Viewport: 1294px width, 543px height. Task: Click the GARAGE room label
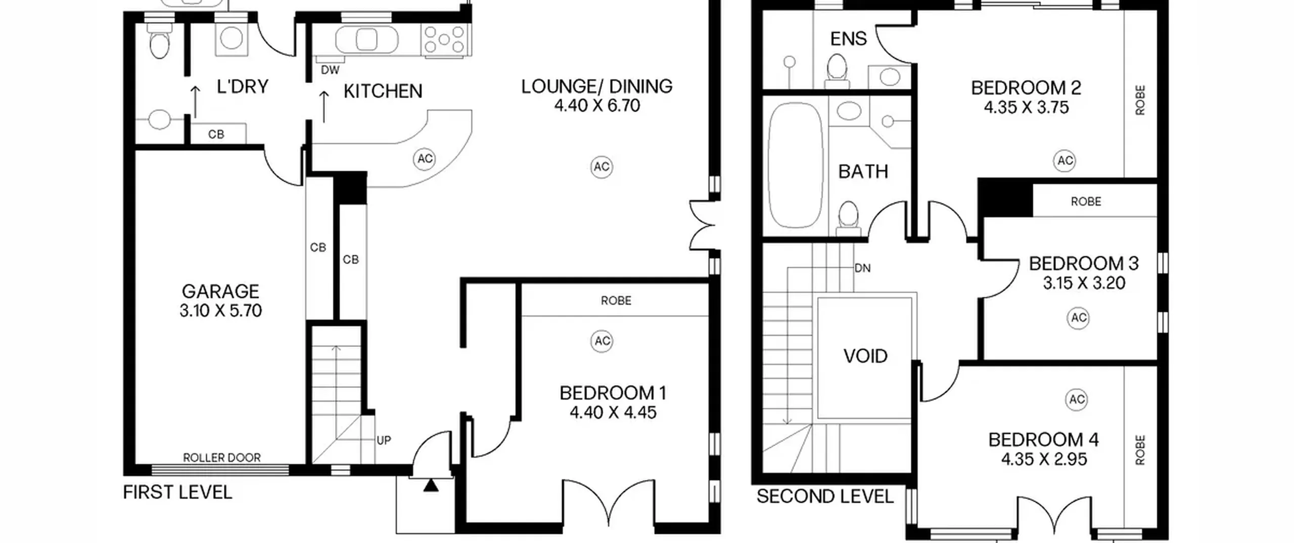[x=220, y=291]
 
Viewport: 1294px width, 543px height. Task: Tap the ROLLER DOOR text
[x=222, y=458]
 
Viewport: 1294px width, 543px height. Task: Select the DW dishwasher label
[x=330, y=70]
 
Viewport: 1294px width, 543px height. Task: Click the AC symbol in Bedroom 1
[x=602, y=341]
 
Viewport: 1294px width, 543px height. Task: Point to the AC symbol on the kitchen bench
[x=425, y=159]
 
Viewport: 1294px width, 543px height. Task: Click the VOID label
[x=865, y=357]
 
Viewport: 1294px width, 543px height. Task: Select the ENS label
[x=849, y=38]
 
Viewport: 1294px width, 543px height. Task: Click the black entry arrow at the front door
[x=431, y=486]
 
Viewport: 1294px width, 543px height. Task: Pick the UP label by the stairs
[x=384, y=440]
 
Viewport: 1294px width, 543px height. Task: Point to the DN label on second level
[x=862, y=268]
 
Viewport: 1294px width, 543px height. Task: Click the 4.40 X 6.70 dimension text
[x=597, y=106]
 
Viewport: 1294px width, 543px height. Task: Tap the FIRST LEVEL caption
[x=177, y=492]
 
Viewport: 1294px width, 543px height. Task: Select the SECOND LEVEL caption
[x=825, y=497]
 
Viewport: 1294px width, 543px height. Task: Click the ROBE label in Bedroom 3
[x=1086, y=202]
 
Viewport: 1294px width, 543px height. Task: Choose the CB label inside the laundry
[x=216, y=134]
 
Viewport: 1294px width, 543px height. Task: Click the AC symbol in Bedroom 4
[x=1077, y=400]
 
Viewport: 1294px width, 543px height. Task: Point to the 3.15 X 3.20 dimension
[x=1084, y=283]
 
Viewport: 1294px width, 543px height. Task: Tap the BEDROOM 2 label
[x=1026, y=88]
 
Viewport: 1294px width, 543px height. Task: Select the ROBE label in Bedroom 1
[x=616, y=301]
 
